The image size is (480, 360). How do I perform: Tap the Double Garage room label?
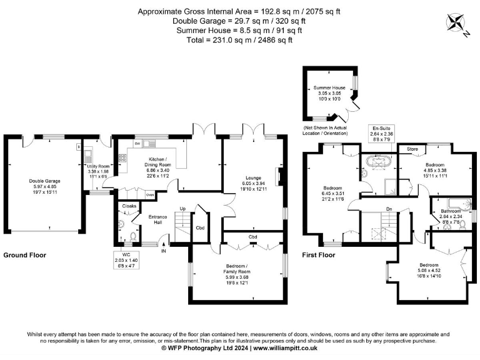point(43,181)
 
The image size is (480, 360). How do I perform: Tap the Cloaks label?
point(128,205)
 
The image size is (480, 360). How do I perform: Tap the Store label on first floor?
point(412,149)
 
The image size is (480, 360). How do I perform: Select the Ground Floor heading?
point(24,255)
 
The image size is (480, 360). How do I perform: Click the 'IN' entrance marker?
point(164,251)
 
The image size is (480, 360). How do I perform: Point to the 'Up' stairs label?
point(182,208)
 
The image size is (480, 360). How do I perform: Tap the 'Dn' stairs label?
point(388,209)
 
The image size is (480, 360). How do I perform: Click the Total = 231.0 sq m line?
point(240,39)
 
